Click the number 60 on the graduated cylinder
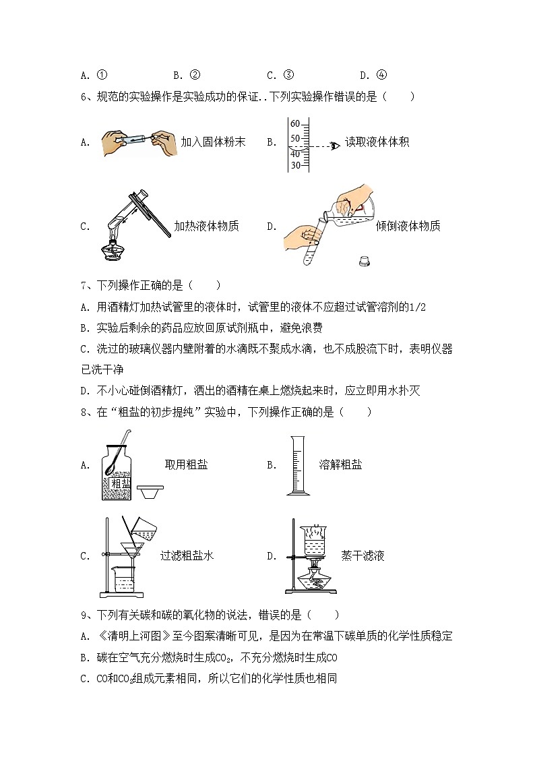(295, 123)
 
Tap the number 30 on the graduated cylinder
(295, 166)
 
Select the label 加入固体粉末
(213, 142)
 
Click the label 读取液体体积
(377, 142)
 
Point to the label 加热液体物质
(206, 226)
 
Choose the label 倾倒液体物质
(408, 226)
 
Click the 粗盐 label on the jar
(121, 483)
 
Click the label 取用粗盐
(186, 464)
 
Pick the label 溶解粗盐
(340, 464)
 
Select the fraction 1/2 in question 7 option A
(417, 307)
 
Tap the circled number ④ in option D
(381, 75)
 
